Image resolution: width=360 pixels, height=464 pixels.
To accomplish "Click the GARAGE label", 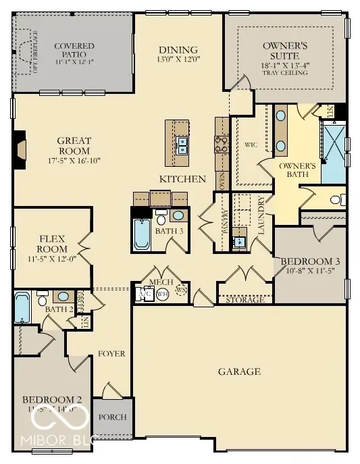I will pos(239,371).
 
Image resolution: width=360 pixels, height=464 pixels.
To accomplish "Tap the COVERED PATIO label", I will pos(74,50).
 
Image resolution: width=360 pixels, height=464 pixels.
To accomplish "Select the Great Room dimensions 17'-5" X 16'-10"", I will pos(74,162).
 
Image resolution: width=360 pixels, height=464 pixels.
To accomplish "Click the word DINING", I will pos(178,50).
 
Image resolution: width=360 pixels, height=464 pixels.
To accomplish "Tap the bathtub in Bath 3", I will pos(142,233).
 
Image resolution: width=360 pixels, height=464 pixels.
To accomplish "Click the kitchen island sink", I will pos(182,143).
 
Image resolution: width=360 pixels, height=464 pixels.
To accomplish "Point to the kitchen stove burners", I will pos(222,143).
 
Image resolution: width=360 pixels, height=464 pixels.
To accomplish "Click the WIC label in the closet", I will pos(251,145).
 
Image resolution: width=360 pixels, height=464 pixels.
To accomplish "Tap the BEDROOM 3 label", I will pos(310,261).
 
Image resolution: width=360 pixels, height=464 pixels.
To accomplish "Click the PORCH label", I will pos(112,417).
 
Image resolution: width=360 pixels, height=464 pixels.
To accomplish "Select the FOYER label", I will pos(111,353).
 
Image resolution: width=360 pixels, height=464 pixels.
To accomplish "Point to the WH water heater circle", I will pos(162,294).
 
